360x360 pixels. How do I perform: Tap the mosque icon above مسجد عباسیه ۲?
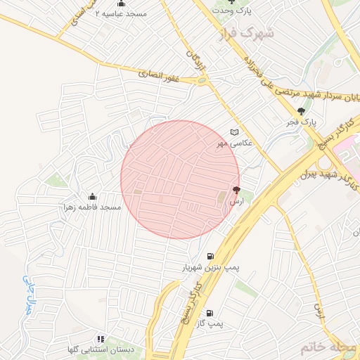[x=121, y=4]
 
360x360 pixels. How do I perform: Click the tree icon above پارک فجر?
[x=302, y=111]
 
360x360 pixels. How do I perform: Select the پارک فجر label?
[x=302, y=122]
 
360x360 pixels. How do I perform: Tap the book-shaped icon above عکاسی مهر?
[x=235, y=132]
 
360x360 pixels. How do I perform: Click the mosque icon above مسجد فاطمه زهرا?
[x=93, y=197]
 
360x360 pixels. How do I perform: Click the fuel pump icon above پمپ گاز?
[x=210, y=312]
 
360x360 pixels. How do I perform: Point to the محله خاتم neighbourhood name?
[x=324, y=347]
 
